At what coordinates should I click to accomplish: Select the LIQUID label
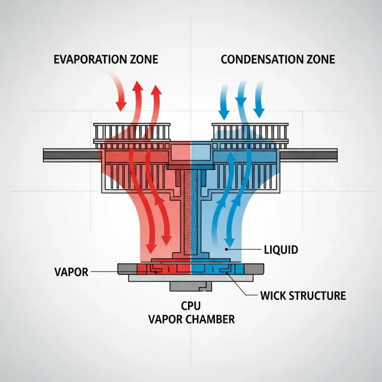coord(282,249)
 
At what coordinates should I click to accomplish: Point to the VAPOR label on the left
coord(71,272)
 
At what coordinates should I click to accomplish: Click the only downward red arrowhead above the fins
coord(120,106)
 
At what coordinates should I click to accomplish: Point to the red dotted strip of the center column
coord(188,214)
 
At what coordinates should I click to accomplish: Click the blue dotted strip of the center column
coord(194,214)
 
